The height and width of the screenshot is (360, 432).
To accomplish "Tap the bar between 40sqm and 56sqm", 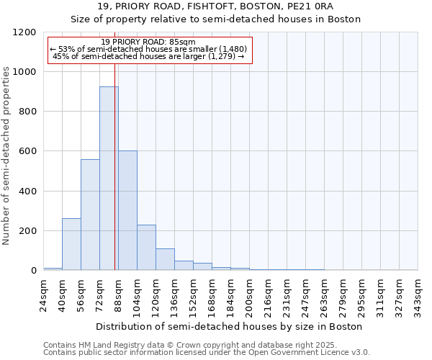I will (71, 244).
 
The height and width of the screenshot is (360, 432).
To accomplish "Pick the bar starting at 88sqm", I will (127, 210).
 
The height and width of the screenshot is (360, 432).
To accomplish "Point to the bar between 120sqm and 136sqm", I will (165, 259).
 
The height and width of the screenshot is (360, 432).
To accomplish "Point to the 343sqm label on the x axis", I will (418, 294).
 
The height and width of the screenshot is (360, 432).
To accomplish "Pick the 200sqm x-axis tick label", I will (250, 294).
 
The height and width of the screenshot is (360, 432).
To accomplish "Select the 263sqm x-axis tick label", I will (325, 294).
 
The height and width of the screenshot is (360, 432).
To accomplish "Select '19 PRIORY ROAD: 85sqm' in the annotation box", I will (148, 42).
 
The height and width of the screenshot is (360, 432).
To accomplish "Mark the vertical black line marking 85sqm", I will (114, 180).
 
